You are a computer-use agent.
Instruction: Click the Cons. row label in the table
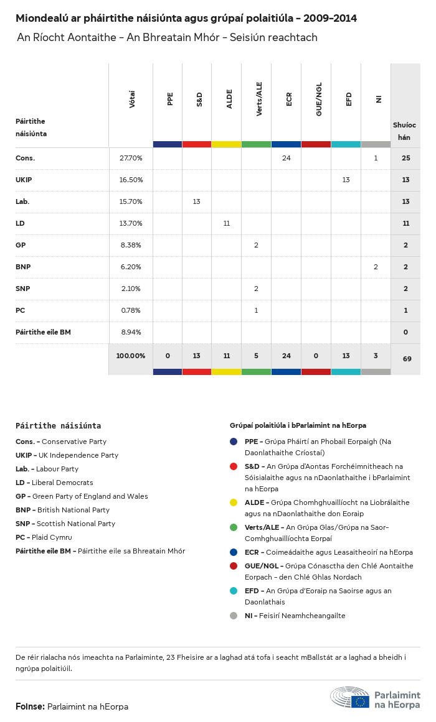coord(26,158)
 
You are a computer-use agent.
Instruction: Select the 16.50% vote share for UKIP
coord(131,180)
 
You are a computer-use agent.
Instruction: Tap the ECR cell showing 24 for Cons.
coord(286,158)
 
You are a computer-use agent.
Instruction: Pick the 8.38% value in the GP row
coord(131,245)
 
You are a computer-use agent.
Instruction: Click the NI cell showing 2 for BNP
coord(376,267)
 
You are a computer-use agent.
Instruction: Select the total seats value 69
coord(405,359)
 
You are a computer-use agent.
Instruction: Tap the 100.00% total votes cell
coord(131,356)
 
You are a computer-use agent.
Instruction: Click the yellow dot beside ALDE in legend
coord(234,502)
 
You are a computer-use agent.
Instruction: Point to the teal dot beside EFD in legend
coord(234,591)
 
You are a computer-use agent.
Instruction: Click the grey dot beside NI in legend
coord(234,616)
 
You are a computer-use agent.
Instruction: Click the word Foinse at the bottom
coord(30,706)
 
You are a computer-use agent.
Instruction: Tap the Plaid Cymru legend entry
coord(44,537)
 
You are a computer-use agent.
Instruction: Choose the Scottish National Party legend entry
coord(65,524)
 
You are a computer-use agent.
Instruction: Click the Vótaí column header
coord(132,100)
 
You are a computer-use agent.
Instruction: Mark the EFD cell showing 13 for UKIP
coord(346,180)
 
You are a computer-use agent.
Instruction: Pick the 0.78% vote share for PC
coord(131,310)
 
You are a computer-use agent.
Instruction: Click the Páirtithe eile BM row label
coord(43,332)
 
